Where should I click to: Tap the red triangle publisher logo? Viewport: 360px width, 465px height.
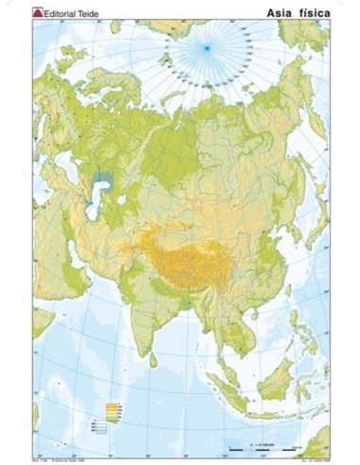tap(39, 11)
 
